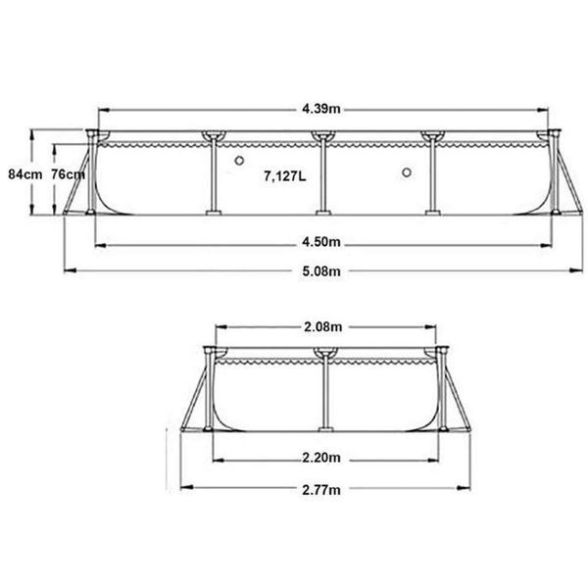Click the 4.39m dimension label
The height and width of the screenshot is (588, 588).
[x=321, y=109]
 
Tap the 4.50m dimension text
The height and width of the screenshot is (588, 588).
[x=321, y=242]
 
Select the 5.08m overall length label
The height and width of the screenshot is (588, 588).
[x=321, y=271]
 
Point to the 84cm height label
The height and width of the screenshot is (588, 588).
[x=25, y=174]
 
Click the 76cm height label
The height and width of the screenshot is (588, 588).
[x=68, y=174]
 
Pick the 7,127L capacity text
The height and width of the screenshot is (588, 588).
[x=285, y=175]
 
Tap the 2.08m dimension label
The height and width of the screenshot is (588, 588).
[x=322, y=327]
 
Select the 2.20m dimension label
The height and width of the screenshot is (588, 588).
[x=321, y=458]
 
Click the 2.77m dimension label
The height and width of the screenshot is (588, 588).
[x=321, y=490]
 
